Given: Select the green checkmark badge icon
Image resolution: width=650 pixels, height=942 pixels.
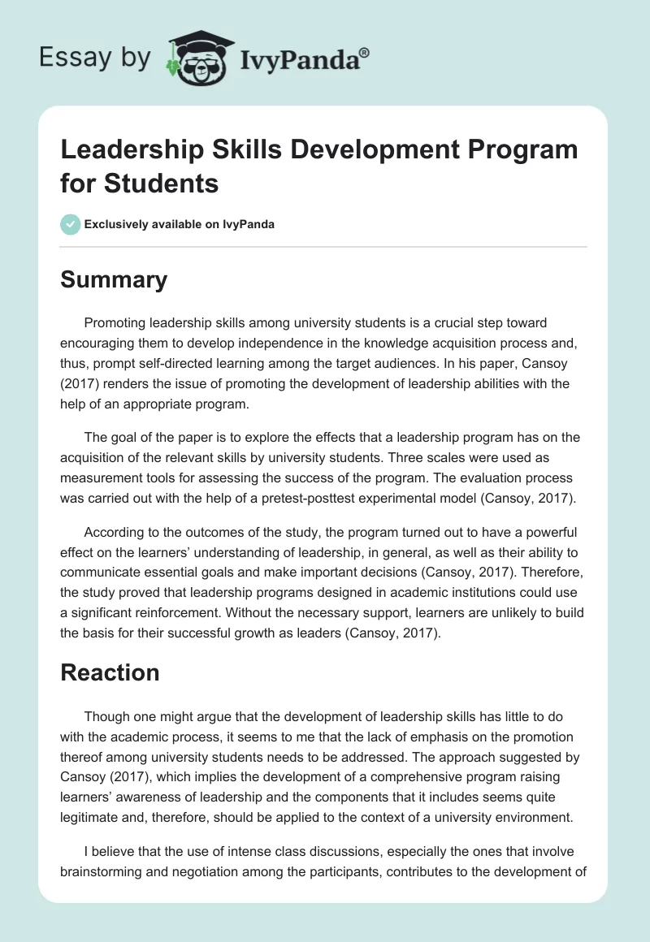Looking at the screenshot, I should [x=70, y=224].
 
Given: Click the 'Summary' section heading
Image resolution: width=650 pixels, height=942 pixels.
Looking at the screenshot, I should [x=114, y=279].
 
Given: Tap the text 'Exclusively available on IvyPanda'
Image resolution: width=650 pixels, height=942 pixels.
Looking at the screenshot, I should [x=180, y=224].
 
